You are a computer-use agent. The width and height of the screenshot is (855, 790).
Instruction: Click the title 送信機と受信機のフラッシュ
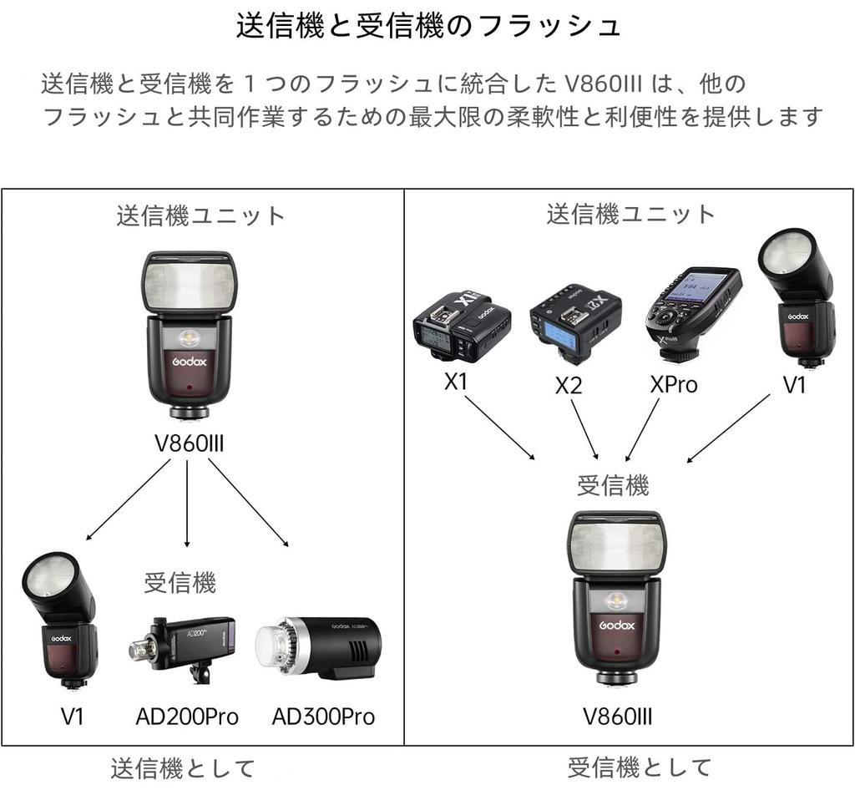point(428,26)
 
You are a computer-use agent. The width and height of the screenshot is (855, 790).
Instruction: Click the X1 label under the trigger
point(456,382)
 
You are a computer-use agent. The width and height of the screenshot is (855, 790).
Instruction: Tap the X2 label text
point(569,386)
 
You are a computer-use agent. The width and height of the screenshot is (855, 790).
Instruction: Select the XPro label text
point(673,385)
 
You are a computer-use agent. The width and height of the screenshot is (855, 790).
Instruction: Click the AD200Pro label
point(187,717)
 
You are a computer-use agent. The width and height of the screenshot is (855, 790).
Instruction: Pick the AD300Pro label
point(323,717)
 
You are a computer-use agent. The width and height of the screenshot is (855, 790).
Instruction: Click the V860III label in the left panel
point(190,443)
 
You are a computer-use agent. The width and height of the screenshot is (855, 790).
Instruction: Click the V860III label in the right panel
point(617,717)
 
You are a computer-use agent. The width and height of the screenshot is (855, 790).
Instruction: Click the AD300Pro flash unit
point(318,644)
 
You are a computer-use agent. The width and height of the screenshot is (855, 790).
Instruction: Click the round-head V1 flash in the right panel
point(798,296)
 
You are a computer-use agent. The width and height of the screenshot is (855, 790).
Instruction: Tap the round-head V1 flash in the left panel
point(61,618)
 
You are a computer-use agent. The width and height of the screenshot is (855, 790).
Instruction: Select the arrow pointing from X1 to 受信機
point(498,426)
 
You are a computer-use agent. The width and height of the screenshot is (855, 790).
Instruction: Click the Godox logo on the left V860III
point(190,362)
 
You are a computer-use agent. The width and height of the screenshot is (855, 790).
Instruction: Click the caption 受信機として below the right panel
point(640,767)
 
